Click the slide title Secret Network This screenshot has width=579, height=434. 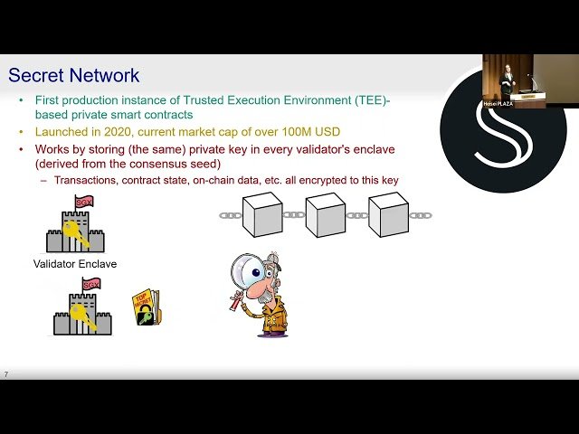pyautogui.click(x=73, y=75)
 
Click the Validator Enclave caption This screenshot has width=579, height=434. pyautogui.click(x=75, y=264)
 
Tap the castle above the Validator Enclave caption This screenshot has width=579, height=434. pyautogui.click(x=75, y=226)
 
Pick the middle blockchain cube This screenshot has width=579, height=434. pyautogui.click(x=326, y=214)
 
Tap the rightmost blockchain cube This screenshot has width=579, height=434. pyautogui.click(x=388, y=214)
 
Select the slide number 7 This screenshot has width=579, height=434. pyautogui.click(x=6, y=374)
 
